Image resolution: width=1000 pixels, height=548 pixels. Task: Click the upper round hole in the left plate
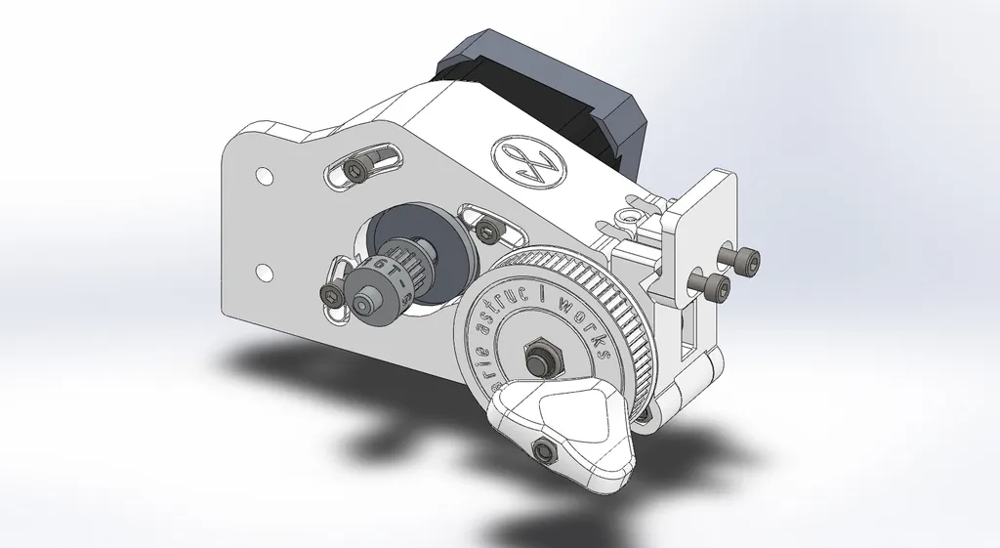263,176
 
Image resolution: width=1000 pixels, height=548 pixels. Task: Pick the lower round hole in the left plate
263,269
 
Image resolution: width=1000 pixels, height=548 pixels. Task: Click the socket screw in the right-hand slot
485,230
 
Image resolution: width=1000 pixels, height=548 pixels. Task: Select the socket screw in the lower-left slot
331,293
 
